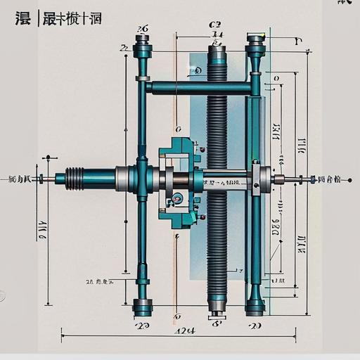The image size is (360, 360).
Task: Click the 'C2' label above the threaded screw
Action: pyautogui.click(x=216, y=25)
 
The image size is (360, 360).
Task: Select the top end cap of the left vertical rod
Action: pyautogui.click(x=143, y=49)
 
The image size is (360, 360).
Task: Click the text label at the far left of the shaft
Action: pyautogui.click(x=20, y=180)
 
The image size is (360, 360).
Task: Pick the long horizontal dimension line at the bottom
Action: pyautogui.click(x=176, y=337)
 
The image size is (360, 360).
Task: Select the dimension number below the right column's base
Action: pyautogui.click(x=255, y=326)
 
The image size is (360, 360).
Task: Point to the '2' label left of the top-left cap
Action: pyautogui.click(x=124, y=48)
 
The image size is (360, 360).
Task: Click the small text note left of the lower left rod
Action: pyautogui.click(x=99, y=282)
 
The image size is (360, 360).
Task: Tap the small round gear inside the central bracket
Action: pyautogui.click(x=177, y=199)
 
